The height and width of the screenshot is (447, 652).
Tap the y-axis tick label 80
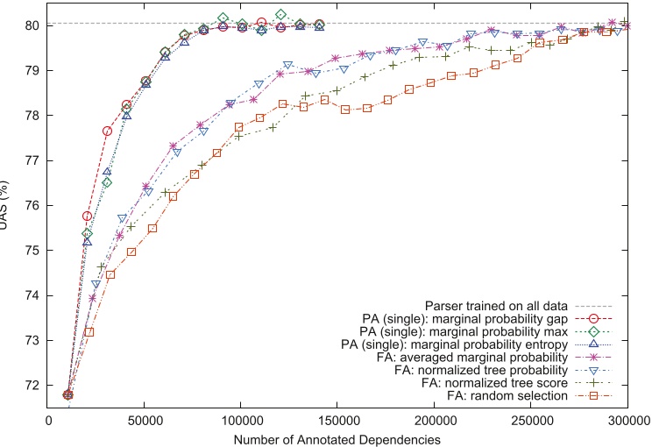pyautogui.click(x=33, y=25)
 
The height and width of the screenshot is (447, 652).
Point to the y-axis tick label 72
pyautogui.click(x=33, y=385)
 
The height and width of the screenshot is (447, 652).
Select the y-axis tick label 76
pyautogui.click(x=33, y=205)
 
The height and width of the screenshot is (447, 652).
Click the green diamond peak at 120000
pyautogui.click(x=280, y=15)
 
